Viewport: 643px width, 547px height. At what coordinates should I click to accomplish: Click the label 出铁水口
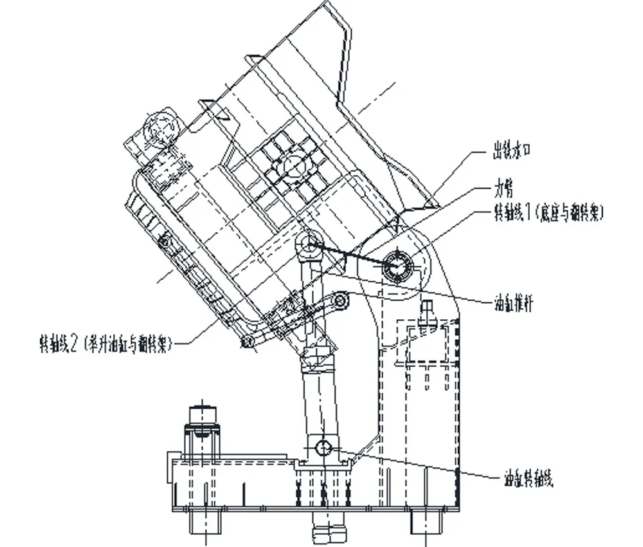511,153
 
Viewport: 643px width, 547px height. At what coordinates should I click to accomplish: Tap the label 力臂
503,189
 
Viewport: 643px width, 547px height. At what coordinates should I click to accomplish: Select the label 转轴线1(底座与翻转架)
547,212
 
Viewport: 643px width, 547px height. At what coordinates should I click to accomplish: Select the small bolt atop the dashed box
425,313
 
